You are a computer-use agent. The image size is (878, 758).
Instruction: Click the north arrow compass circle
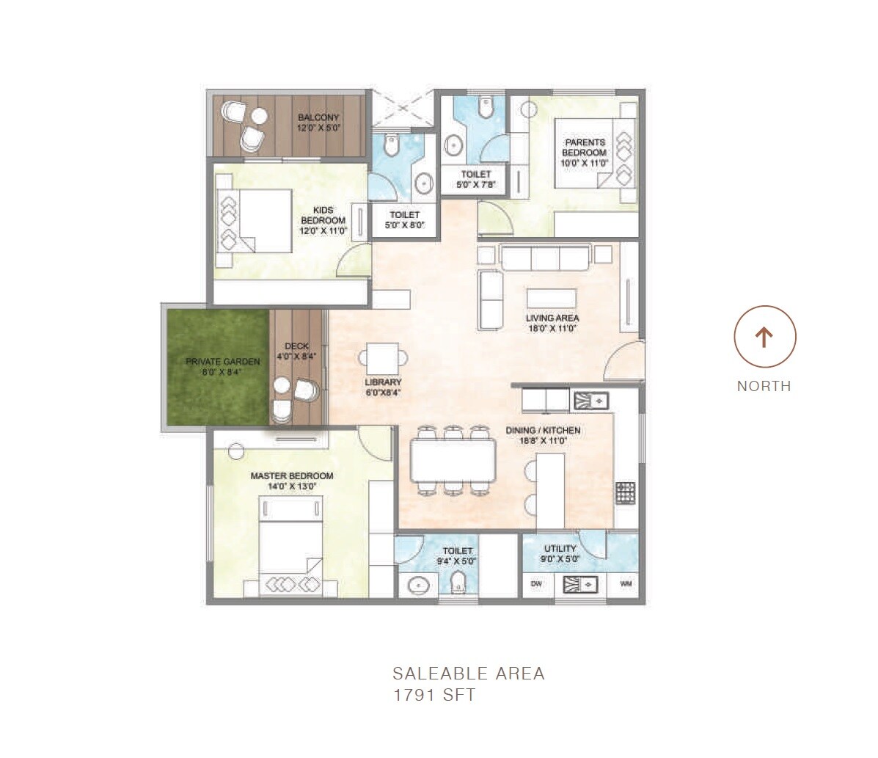click(764, 337)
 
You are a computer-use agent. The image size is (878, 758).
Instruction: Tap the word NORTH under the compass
click(764, 386)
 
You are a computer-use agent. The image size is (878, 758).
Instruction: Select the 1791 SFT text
click(434, 695)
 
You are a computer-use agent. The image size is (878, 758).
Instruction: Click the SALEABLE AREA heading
click(469, 673)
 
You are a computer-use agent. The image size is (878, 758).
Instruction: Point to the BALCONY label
click(318, 117)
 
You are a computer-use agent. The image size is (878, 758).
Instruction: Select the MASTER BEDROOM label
click(291, 475)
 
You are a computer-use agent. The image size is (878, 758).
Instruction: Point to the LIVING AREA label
click(552, 318)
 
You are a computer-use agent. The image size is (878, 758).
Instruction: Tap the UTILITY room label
click(560, 548)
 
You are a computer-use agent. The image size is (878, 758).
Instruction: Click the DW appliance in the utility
click(536, 585)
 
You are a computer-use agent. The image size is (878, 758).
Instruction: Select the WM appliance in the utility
click(626, 585)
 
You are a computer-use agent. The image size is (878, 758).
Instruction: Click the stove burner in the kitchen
click(625, 492)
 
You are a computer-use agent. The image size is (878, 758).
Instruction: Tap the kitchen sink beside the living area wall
click(590, 400)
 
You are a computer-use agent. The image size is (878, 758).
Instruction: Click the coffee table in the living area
click(552, 299)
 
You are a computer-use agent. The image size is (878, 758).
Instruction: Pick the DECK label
click(297, 346)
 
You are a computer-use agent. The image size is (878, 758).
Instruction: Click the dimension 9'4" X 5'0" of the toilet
click(457, 561)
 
